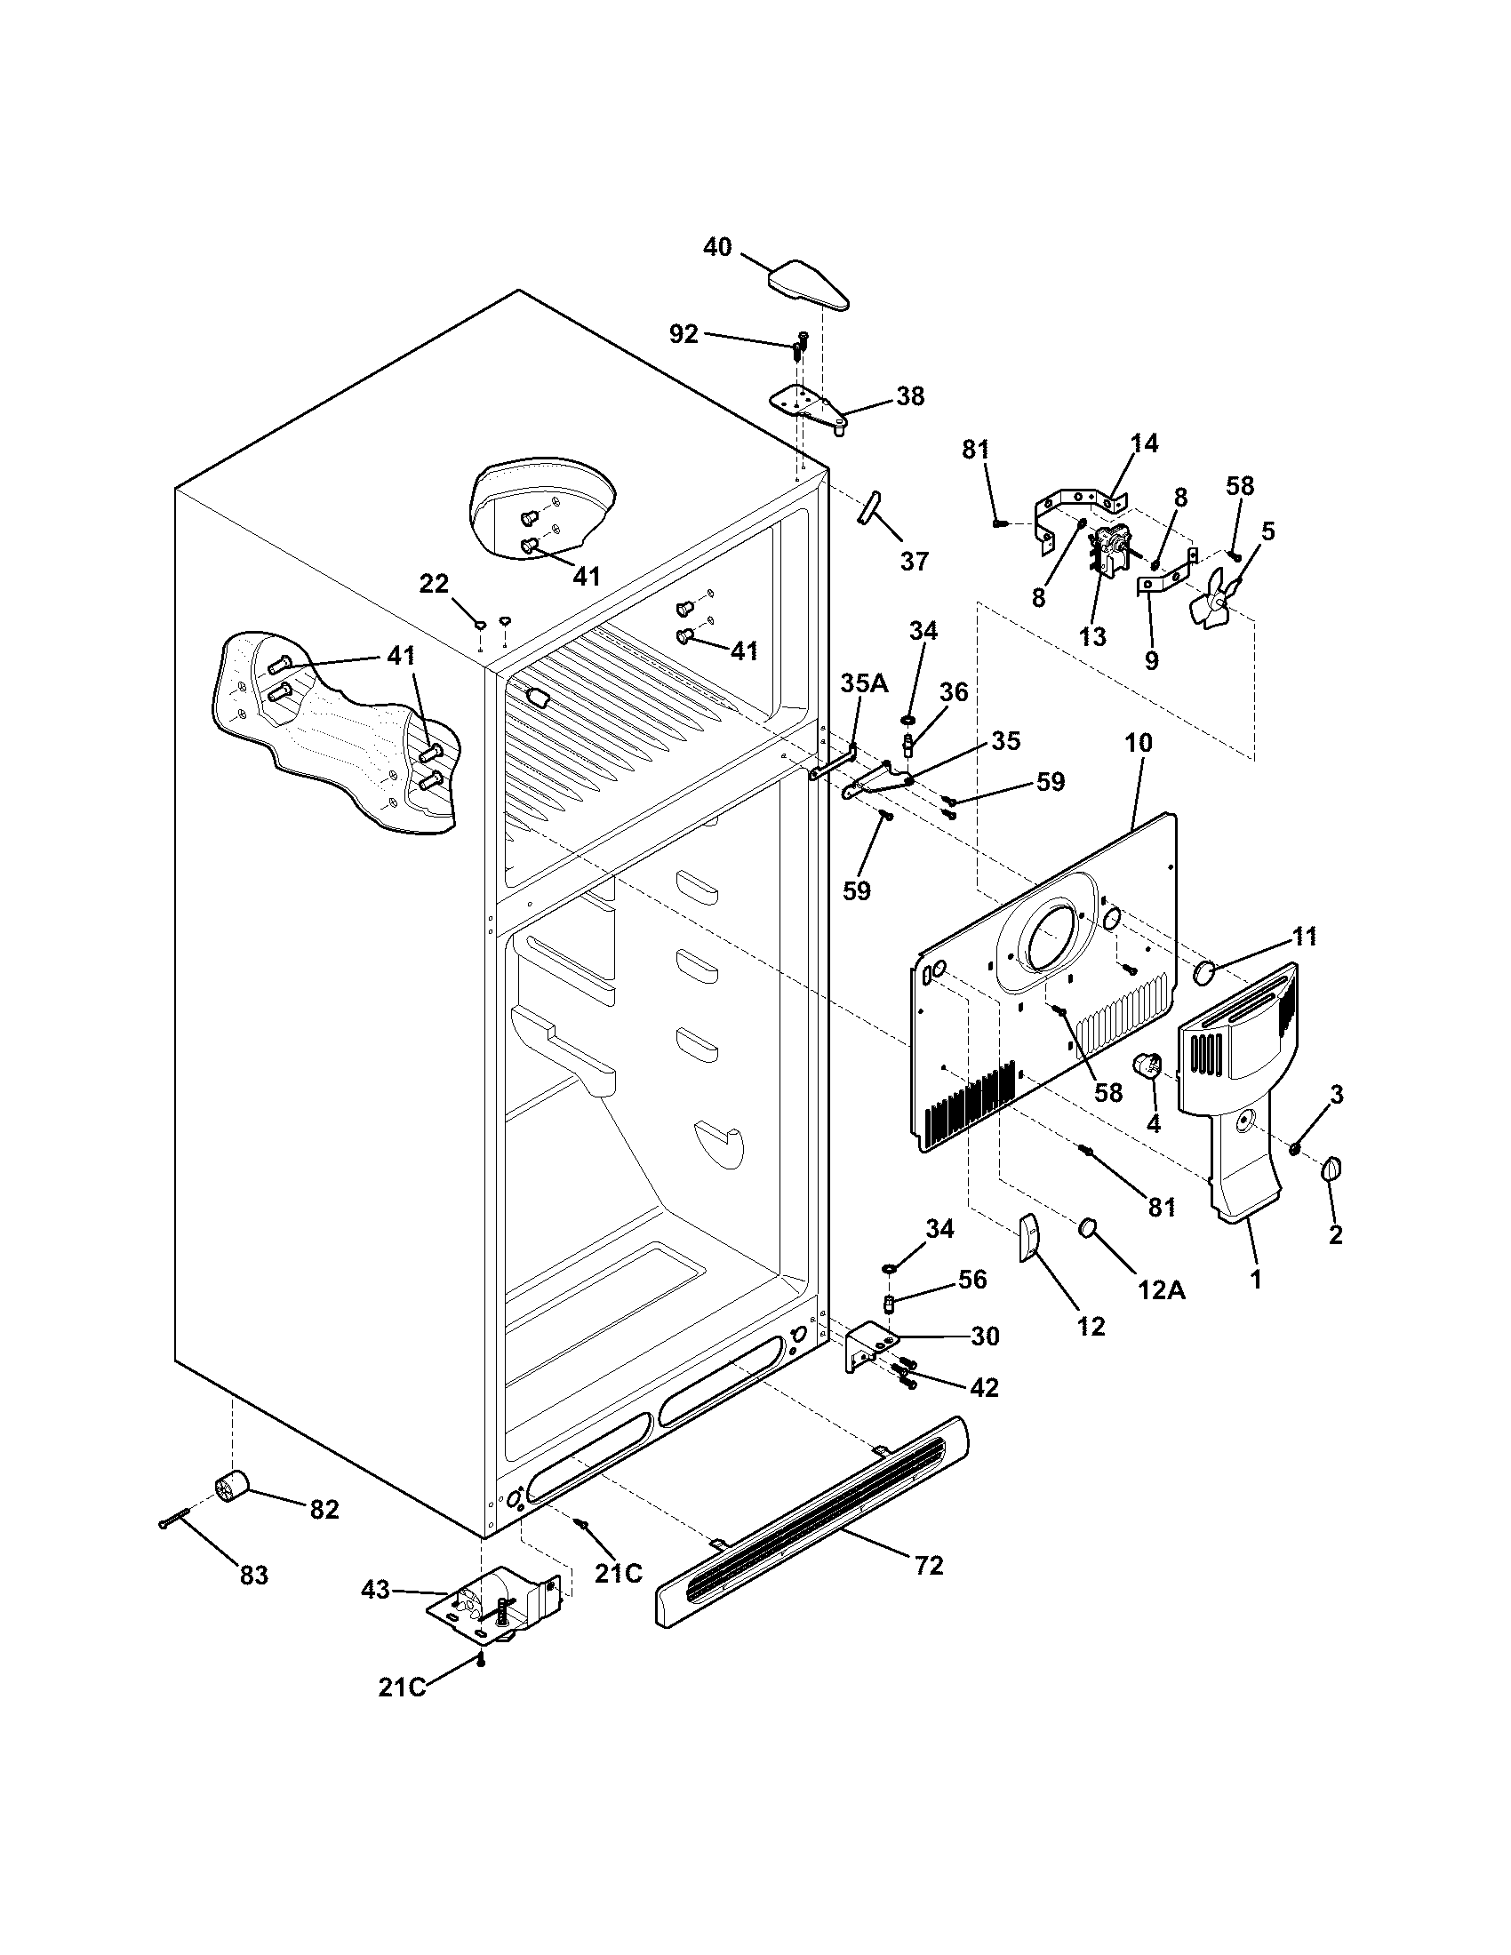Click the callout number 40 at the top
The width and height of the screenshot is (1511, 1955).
click(717, 247)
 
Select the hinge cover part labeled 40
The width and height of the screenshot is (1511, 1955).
click(809, 285)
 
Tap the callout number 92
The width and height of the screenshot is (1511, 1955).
click(684, 334)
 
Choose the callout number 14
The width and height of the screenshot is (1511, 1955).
click(1144, 443)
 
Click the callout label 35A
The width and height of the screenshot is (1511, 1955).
click(864, 684)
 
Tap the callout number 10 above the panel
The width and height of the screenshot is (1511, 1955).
click(1139, 743)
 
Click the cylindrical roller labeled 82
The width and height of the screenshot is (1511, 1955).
click(230, 1488)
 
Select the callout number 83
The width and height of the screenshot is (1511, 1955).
click(254, 1575)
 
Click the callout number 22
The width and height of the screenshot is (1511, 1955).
click(434, 584)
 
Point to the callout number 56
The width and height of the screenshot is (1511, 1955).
click(972, 1279)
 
